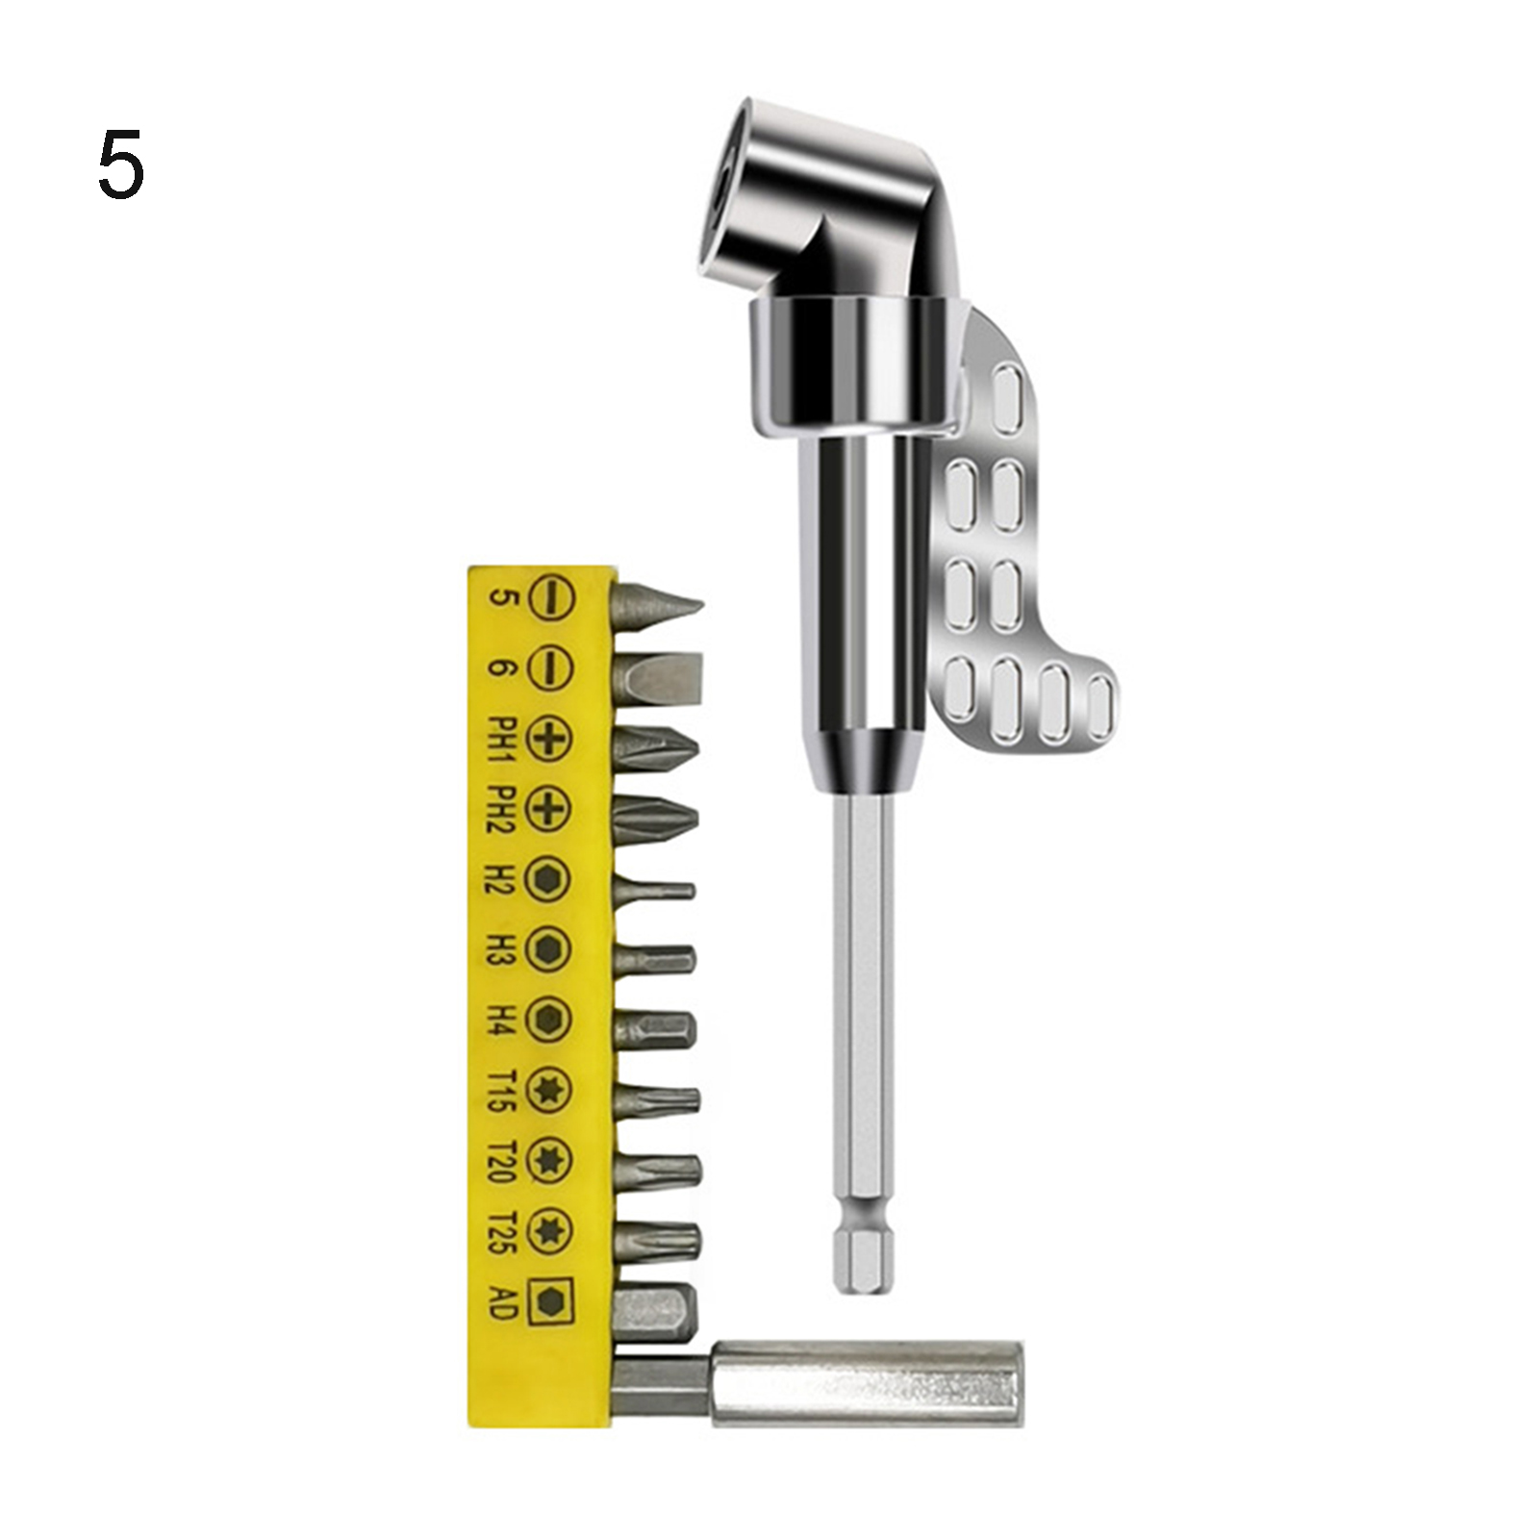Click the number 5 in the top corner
coord(121,165)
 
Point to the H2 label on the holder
coord(503,880)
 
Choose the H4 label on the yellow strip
coord(503,1020)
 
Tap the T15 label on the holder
coord(503,1090)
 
